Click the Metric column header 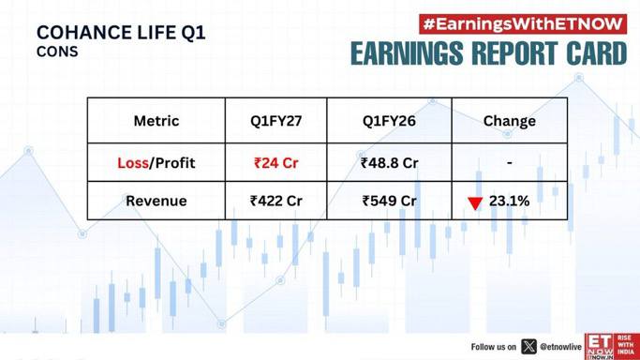[156, 121]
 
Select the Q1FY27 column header [275, 121]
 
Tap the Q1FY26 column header [389, 121]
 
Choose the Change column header [510, 121]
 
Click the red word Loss [133, 163]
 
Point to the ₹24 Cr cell [275, 163]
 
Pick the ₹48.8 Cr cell [390, 163]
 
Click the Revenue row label [156, 201]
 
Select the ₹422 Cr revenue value [275, 201]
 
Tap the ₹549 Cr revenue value [390, 201]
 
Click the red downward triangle [475, 202]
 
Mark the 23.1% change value [510, 201]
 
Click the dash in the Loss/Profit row [510, 163]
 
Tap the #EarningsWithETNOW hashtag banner [523, 24]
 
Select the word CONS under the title [57, 52]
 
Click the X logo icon [529, 347]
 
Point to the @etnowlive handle [560, 347]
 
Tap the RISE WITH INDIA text [626, 345]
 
